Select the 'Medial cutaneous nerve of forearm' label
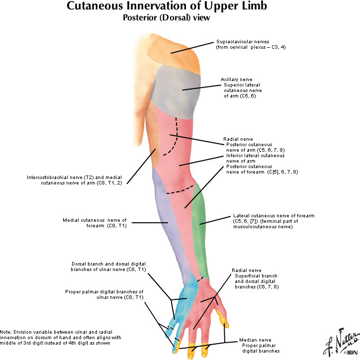pos(95,222)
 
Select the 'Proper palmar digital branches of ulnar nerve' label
pos(104,294)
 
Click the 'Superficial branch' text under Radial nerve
pos(256,275)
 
